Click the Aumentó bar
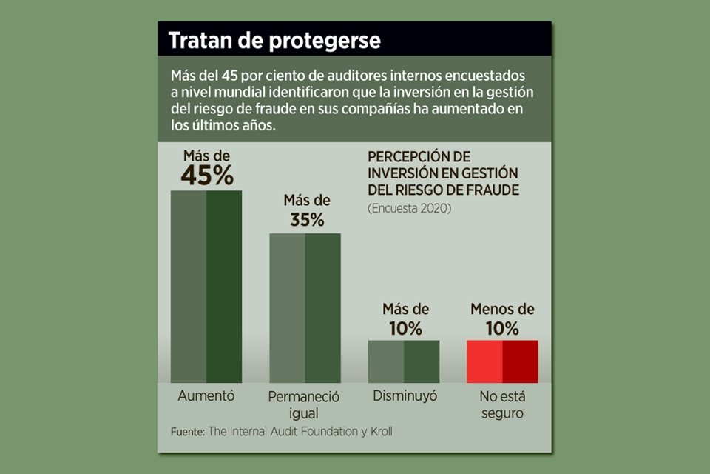coord(206,287)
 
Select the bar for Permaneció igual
coord(305,308)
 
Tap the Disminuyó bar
coord(404,361)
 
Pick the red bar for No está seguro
coord(502,361)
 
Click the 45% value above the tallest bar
coord(207,176)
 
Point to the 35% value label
coord(306,220)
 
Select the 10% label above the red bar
coord(502,328)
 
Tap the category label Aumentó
coord(206,395)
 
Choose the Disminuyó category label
coord(405,395)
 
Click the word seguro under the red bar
coord(502,414)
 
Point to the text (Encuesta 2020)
coord(409,208)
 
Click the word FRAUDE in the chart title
coord(490,190)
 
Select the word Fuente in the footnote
coord(186,431)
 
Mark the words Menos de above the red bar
coord(502,310)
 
